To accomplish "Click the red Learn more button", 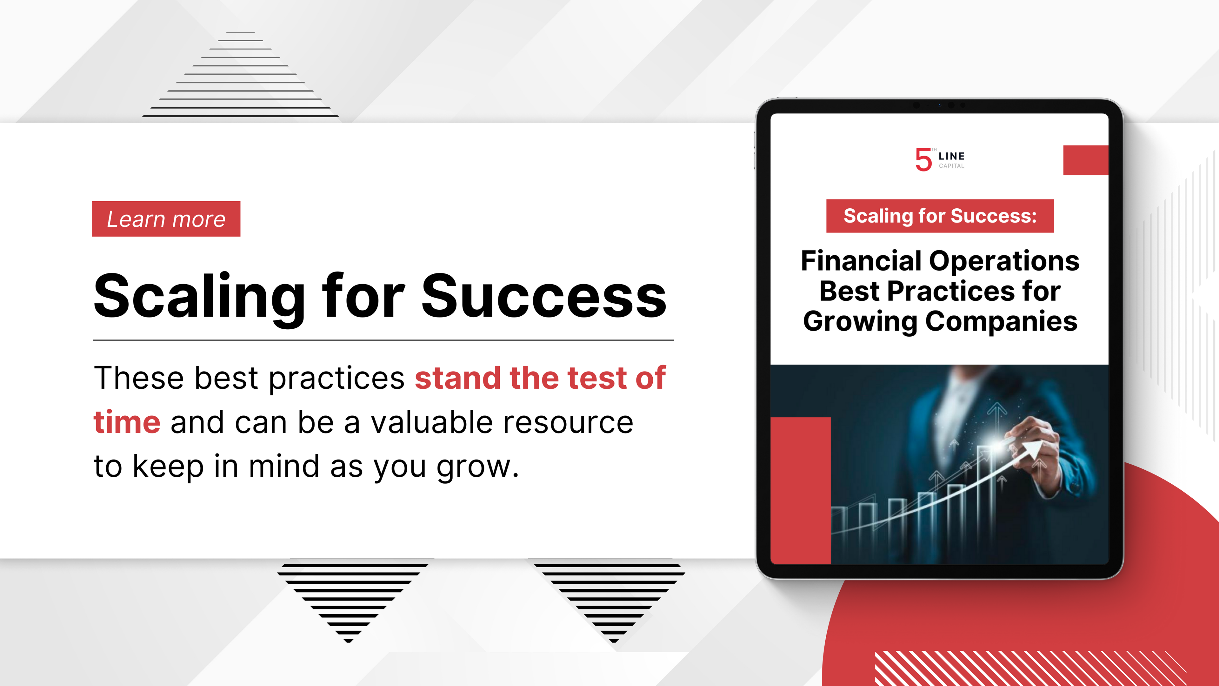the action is pyautogui.click(x=166, y=219).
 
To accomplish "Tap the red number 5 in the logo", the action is pyautogui.click(x=923, y=159).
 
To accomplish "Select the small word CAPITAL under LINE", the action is pyautogui.click(x=951, y=166).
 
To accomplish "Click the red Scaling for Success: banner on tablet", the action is pyautogui.click(x=940, y=216).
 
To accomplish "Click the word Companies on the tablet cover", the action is pyautogui.click(x=1001, y=322).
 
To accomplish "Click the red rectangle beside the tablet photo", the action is pyautogui.click(x=800, y=490).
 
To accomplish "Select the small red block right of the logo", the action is pyautogui.click(x=1086, y=160).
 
